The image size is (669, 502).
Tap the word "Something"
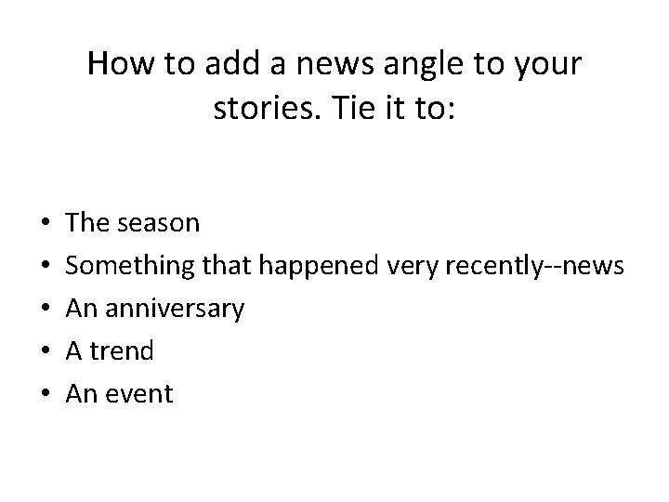coord(130,266)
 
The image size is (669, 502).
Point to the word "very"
coord(413,266)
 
